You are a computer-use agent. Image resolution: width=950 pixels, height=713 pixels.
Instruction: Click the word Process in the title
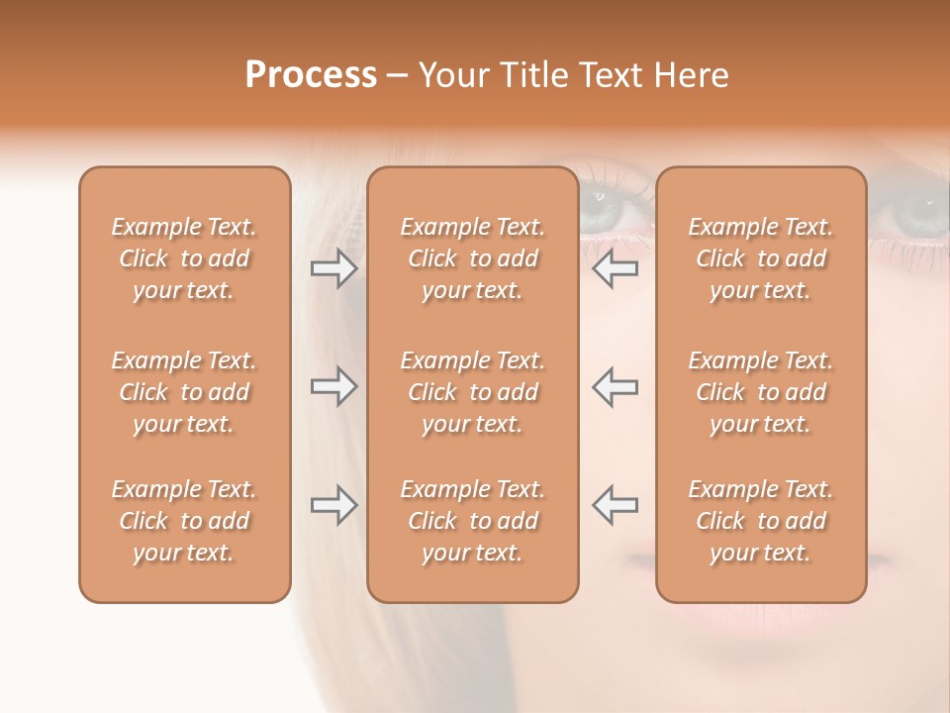311,74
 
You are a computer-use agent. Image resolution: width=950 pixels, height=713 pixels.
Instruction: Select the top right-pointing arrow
333,268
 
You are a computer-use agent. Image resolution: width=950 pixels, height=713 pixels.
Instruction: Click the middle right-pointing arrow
333,386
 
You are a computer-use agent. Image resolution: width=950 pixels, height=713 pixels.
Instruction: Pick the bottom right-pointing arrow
333,505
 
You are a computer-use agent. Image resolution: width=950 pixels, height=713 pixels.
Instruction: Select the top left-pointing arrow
616,268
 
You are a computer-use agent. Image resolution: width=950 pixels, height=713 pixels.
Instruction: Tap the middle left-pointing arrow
616,386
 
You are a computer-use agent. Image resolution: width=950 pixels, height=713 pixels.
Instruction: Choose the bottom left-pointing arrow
616,505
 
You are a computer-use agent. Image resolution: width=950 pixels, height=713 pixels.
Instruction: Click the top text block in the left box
184,258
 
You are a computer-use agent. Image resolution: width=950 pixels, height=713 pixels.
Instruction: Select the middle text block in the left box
184,392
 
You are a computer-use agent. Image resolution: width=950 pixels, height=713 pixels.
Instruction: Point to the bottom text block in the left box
184,521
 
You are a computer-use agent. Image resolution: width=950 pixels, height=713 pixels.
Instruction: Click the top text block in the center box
473,258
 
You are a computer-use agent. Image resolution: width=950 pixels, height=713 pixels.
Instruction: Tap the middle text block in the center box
473,392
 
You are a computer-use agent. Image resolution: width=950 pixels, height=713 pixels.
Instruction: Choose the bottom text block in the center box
473,521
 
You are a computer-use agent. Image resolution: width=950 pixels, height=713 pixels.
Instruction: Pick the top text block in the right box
761,258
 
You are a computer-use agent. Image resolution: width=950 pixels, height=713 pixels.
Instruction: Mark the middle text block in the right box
761,392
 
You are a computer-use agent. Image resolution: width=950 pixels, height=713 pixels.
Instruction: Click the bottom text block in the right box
761,521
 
